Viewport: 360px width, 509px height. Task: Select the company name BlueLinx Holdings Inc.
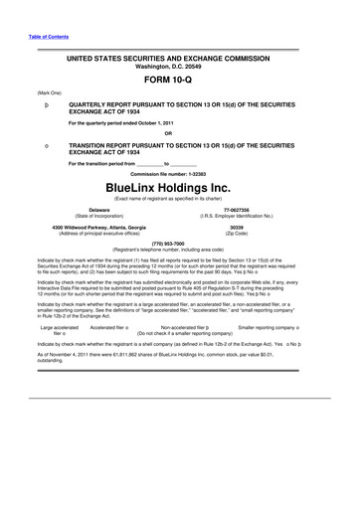pyautogui.click(x=180, y=185)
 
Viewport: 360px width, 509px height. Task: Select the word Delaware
pyautogui.click(x=72, y=210)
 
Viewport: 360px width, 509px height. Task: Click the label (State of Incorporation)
pyautogui.click(x=73, y=216)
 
